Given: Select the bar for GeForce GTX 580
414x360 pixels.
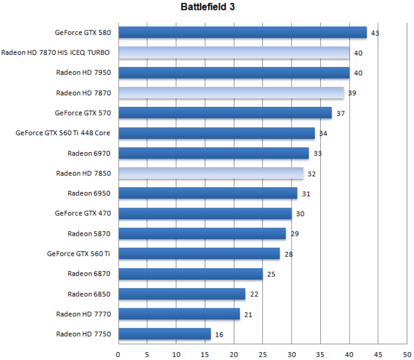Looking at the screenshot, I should click(x=242, y=33).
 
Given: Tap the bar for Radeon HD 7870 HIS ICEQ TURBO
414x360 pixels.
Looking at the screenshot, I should click(x=234, y=53).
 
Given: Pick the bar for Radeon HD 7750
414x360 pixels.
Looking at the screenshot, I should click(x=165, y=334).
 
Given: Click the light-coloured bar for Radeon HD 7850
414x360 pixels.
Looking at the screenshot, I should click(x=211, y=173).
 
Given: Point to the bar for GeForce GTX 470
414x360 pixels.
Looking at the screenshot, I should click(x=205, y=213).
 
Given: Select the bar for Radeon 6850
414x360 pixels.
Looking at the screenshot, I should click(x=182, y=294).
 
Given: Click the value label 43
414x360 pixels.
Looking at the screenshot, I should click(x=375, y=33).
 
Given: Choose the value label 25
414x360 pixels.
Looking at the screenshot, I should click(x=270, y=274).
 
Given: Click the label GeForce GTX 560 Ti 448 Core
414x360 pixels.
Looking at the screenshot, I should click(x=63, y=133).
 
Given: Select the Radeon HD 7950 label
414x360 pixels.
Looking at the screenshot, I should click(x=84, y=73).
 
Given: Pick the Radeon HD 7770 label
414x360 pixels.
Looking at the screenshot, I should click(x=84, y=314).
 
